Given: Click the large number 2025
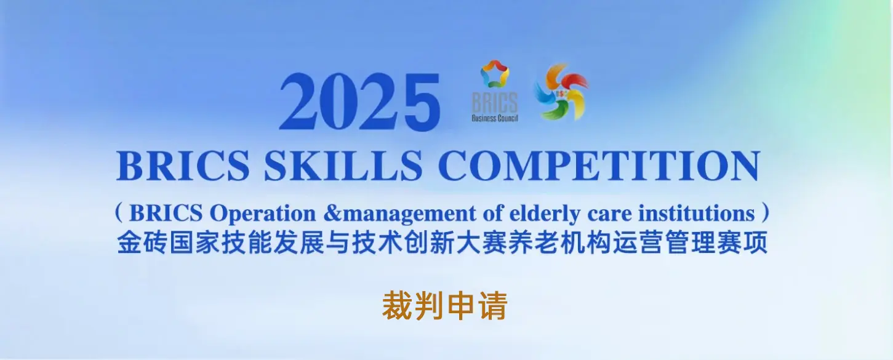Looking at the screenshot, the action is (x=360, y=102).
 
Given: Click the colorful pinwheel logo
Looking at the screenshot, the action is (x=562, y=92).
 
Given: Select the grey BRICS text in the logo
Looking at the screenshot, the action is (x=495, y=102).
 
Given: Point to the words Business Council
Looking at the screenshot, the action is (x=495, y=118).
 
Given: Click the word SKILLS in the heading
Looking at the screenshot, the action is (x=343, y=166).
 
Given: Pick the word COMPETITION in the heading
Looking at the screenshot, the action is (x=599, y=166).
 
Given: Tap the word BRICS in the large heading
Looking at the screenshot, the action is (x=183, y=166).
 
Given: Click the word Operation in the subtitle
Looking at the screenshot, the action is (x=263, y=214).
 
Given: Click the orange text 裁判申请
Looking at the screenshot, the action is (x=445, y=306).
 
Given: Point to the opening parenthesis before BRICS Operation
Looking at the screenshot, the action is (x=119, y=212).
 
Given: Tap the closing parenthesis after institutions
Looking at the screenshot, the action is (x=765, y=212).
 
